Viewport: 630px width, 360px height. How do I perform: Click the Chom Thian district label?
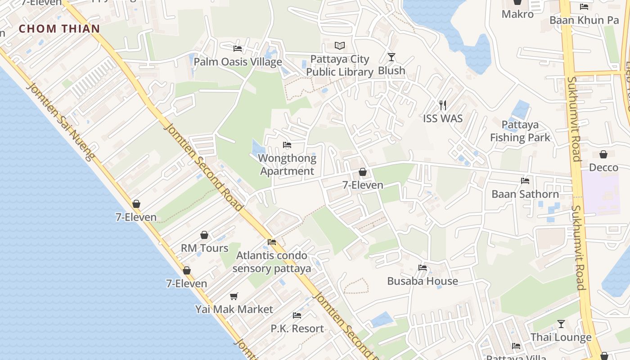tap(59, 29)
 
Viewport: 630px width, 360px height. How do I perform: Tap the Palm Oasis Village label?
tap(238, 62)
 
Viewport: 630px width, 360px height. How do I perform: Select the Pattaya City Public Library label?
tap(340, 66)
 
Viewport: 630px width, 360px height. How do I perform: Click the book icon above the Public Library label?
tap(340, 46)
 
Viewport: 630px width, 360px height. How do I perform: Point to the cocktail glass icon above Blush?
tap(391, 57)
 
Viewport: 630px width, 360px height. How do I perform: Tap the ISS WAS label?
tap(443, 118)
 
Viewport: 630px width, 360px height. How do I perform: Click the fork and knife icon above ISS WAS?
tap(443, 105)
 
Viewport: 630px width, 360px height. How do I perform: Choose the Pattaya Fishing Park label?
tap(520, 131)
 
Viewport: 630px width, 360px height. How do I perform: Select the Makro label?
tap(517, 14)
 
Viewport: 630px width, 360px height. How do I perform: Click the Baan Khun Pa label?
tap(584, 20)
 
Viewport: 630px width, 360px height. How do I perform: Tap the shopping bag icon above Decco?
tap(603, 154)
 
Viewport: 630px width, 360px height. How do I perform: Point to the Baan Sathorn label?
tap(525, 194)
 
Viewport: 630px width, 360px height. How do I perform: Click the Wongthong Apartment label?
tap(287, 165)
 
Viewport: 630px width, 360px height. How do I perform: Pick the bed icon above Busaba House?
tap(422, 268)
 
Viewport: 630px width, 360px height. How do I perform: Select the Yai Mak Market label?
tap(234, 310)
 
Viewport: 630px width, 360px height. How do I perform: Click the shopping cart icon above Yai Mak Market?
tap(234, 296)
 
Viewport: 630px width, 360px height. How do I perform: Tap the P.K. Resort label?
tap(297, 328)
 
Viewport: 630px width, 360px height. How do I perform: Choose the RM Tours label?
tap(204, 248)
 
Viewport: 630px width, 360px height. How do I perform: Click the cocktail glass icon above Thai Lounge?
tap(561, 324)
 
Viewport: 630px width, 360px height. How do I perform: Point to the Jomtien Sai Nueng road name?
tap(60, 121)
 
